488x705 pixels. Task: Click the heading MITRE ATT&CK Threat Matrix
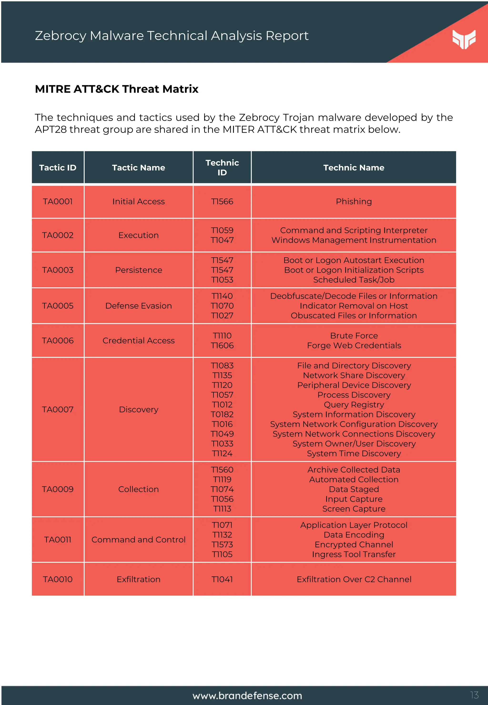coord(117,89)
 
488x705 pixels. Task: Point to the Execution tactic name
coord(138,235)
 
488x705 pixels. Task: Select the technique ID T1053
coord(222,280)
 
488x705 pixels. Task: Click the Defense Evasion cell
coord(138,306)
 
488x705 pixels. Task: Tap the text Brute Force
coord(354,336)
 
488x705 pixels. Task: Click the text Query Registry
coord(354,405)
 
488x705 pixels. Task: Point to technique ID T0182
coord(222,414)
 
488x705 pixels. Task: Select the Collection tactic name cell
coord(138,489)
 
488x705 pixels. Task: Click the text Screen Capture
coord(354,509)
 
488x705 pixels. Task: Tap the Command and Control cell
coord(138,540)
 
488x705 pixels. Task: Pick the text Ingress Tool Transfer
coord(354,554)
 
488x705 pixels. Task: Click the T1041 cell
coord(222,579)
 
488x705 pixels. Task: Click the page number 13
coord(474,695)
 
